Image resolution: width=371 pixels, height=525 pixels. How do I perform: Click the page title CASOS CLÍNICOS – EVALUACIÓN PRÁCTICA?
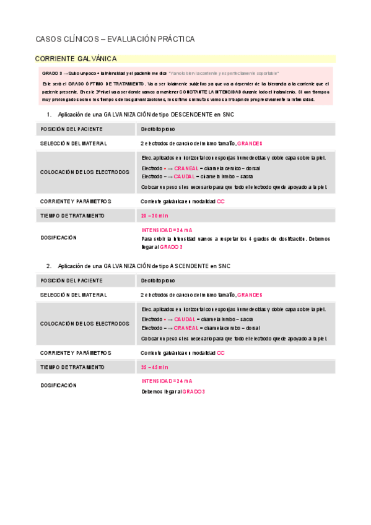(115, 39)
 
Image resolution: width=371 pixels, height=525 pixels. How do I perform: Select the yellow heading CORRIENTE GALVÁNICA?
(76, 59)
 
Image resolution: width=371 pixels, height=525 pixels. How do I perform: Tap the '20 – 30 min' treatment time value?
(154, 215)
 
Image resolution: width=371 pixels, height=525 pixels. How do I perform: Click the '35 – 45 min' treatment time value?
(154, 367)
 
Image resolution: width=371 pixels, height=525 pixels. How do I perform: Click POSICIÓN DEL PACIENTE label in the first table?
(71, 129)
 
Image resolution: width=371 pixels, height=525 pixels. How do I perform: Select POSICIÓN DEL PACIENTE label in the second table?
(71, 280)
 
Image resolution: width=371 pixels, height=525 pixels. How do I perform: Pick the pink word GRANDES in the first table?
(250, 143)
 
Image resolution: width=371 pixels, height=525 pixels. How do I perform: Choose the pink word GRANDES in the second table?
(250, 295)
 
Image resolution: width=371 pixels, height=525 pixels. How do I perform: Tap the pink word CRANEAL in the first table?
(186, 168)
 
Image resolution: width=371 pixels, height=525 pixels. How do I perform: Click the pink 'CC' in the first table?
(220, 201)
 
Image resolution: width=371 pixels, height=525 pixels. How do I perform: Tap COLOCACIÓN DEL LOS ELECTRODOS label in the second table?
(85, 324)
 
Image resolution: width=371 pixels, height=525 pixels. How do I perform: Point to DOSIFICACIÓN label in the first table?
(58, 238)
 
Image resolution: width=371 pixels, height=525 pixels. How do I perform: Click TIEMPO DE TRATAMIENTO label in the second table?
(72, 367)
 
